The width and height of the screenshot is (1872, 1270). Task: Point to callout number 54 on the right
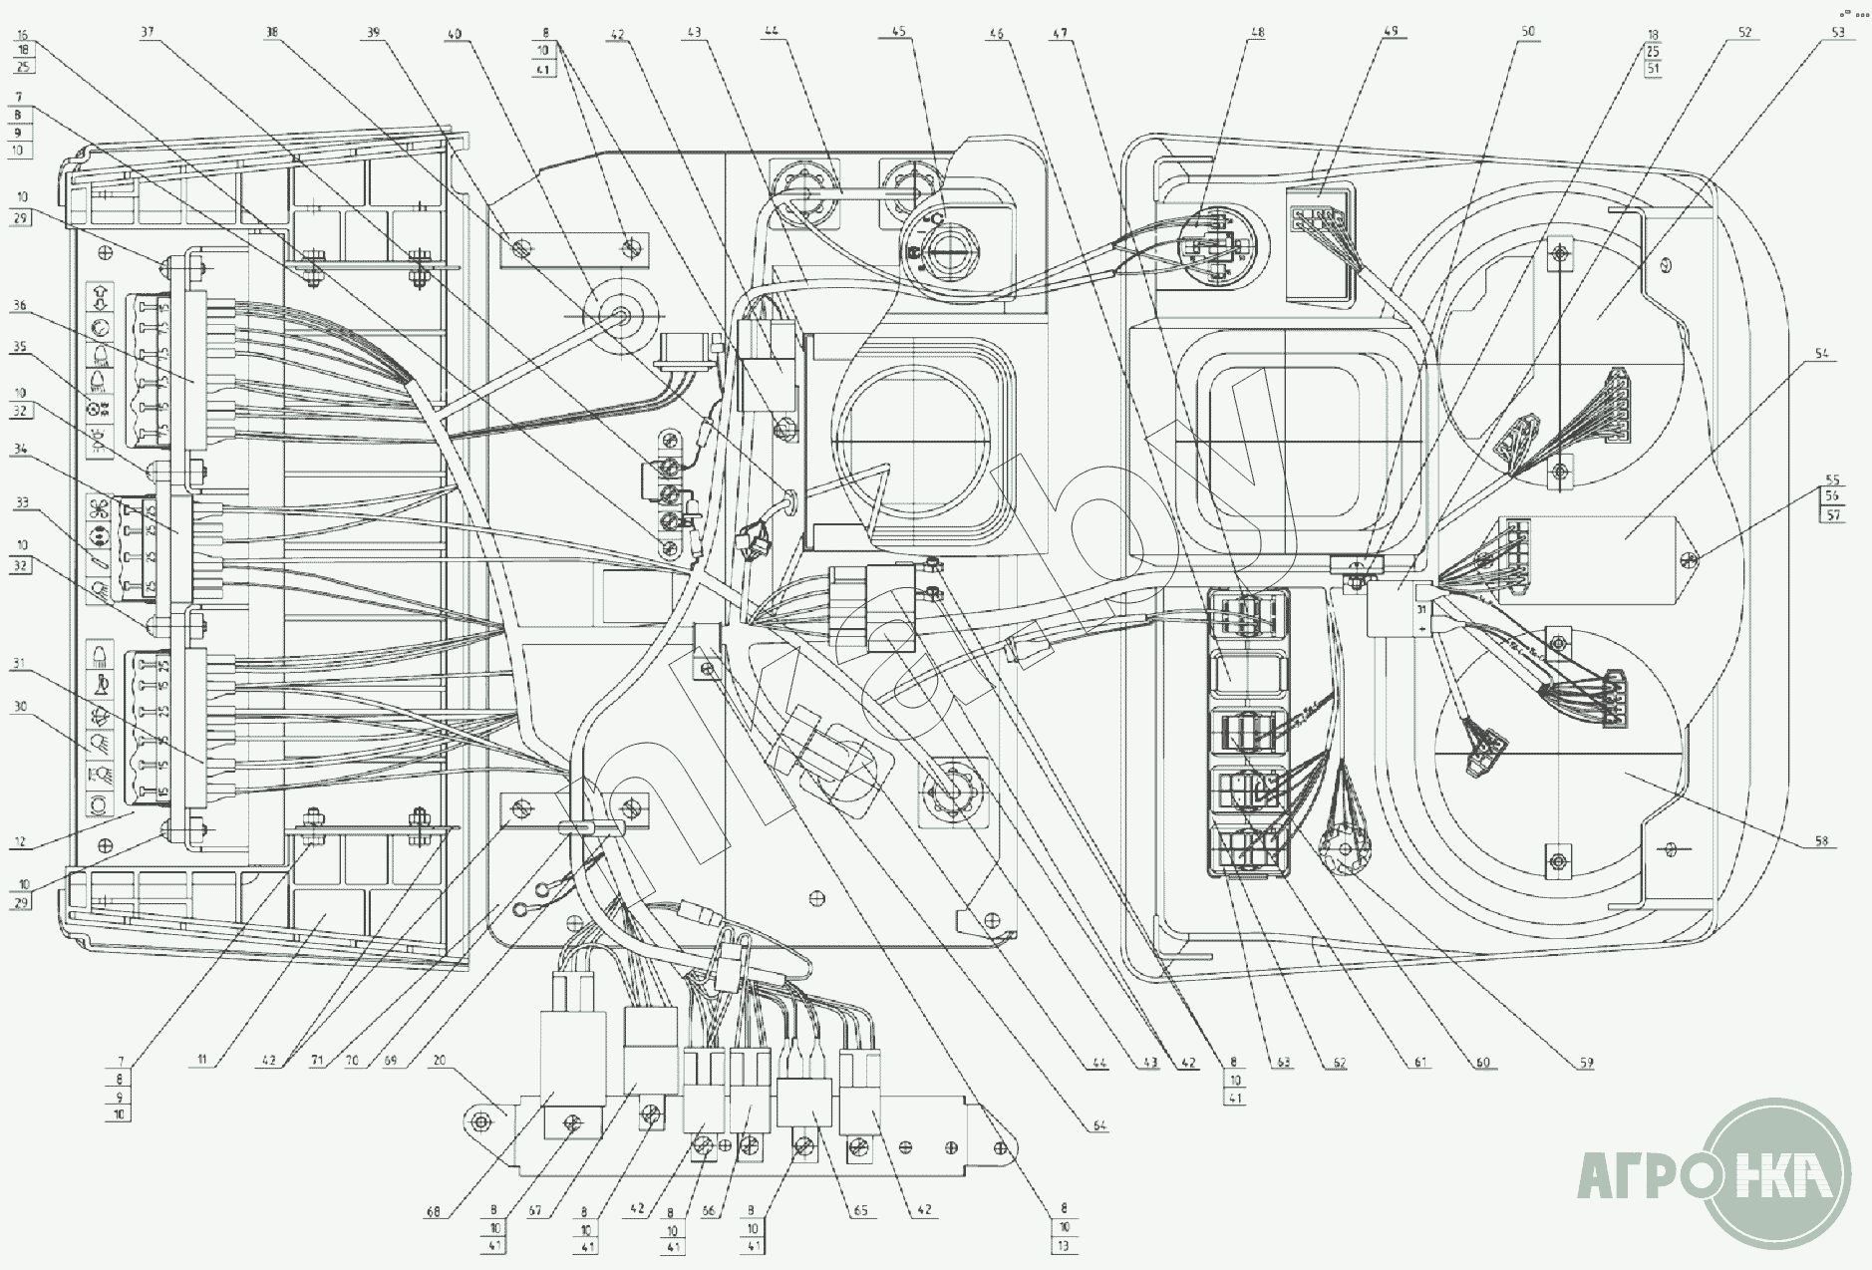pyautogui.click(x=1820, y=354)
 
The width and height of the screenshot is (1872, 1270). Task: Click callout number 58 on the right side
pyautogui.click(x=1820, y=843)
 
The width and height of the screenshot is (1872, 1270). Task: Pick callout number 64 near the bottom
pyautogui.click(x=1098, y=1126)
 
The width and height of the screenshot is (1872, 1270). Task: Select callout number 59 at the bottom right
pyautogui.click(x=1586, y=1063)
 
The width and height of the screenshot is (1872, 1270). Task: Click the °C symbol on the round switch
pyautogui.click(x=935, y=217)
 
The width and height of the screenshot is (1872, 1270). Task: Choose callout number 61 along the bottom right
pyautogui.click(x=1421, y=1063)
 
